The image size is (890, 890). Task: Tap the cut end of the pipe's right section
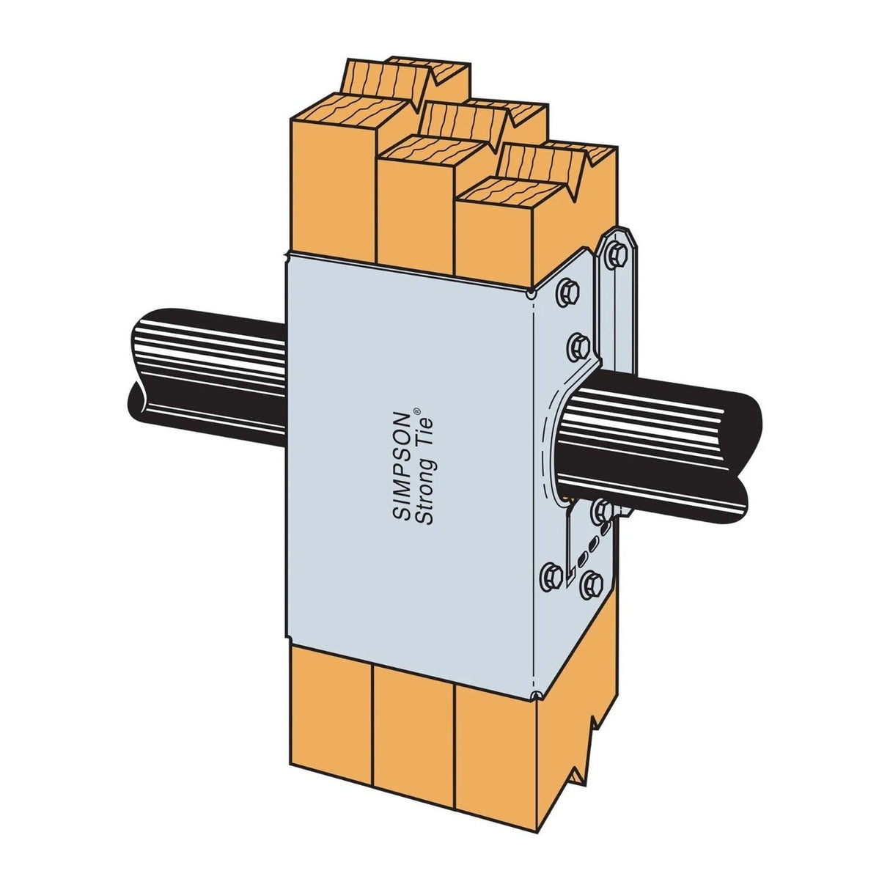748,440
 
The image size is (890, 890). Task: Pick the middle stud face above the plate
414,213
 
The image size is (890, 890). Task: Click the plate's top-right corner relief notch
531,295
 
